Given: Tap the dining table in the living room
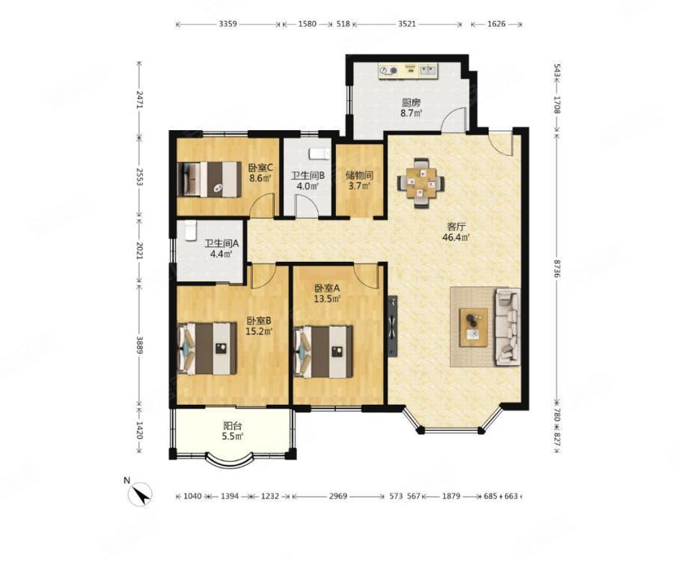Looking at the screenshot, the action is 420,183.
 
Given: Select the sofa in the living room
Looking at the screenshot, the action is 508,326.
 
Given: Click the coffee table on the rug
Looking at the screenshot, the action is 474,328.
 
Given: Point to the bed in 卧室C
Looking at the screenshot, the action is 209,179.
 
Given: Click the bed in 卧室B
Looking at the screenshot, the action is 207,348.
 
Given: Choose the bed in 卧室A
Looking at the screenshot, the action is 323,351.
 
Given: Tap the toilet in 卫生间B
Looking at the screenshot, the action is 319,153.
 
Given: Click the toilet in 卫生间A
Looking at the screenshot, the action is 191,230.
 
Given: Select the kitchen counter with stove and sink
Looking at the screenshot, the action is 408,71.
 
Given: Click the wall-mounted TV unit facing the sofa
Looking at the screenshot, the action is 393,326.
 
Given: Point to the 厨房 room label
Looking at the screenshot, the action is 411,102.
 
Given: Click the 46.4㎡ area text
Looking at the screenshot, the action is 456,237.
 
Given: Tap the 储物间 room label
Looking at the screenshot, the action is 360,176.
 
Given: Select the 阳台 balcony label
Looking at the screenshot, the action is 233,426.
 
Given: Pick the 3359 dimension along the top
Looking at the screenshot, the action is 227,24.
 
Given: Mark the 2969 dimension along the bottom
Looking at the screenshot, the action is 338,496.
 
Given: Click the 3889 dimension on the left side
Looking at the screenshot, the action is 139,345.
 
